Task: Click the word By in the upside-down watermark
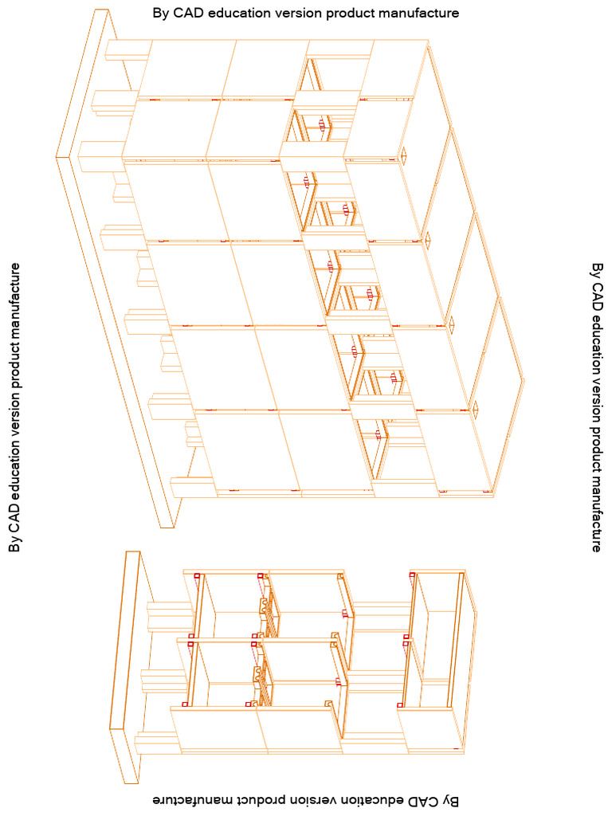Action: pyautogui.click(x=451, y=799)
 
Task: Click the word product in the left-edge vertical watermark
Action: pyautogui.click(x=14, y=363)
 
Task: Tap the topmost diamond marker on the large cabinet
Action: pyautogui.click(x=404, y=155)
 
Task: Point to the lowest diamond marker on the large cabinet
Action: pyautogui.click(x=476, y=407)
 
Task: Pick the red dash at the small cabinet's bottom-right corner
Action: pyautogui.click(x=457, y=749)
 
